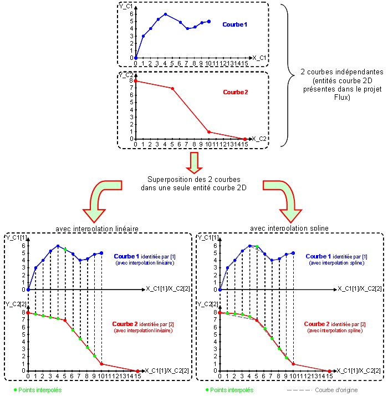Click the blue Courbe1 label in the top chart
pyautogui.click(x=236, y=25)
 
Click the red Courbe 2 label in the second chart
pyautogui.click(x=235, y=92)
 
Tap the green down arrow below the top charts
pyautogui.click(x=193, y=163)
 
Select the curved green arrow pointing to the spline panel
pyautogui.click(x=283, y=200)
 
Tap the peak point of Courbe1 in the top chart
pyautogui.click(x=165, y=14)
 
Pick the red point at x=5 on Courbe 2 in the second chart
pyautogui.click(x=172, y=89)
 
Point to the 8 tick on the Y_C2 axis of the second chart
pyautogui.click(x=131, y=81)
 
